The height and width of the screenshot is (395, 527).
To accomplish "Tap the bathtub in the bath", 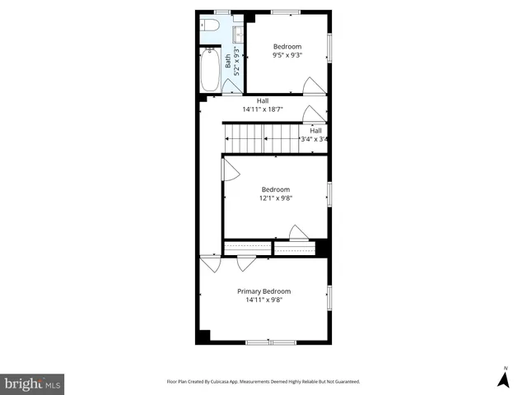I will coord(208,71).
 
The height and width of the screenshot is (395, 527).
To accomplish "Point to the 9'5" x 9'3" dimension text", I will coord(287,55).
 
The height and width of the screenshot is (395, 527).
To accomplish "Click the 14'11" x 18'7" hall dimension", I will coord(263,109).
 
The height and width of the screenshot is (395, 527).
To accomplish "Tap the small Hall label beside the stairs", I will coord(315,130).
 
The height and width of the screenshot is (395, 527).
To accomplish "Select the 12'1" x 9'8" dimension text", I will coord(276,197).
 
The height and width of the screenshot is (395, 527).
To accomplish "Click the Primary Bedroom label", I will coord(263,291).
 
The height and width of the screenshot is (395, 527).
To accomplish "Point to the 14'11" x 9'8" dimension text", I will coord(263,300).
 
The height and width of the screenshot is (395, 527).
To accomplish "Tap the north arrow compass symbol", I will coord(503,379).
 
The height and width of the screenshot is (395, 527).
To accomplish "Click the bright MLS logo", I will coord(32,383).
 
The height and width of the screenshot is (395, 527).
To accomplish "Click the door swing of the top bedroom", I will coord(313,85).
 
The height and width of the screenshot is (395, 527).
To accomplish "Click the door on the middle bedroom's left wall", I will coord(230,170).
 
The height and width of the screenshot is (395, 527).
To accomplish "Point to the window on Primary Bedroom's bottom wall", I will coord(270,342).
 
